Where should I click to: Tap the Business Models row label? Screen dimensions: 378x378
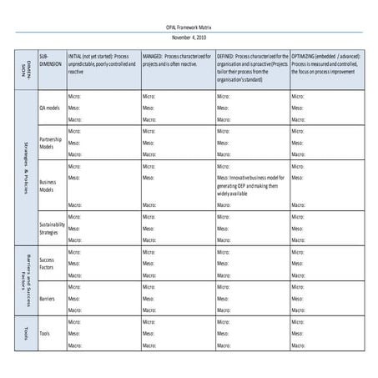48,185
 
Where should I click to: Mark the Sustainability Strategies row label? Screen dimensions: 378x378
52,228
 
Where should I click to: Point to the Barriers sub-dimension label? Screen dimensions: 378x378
48,298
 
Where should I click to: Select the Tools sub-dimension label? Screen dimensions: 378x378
45,333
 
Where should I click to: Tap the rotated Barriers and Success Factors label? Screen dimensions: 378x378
25,280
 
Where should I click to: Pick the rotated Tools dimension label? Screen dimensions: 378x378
25,333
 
